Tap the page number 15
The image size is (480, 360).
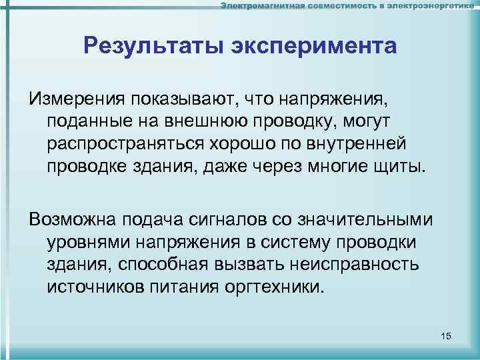tap(447, 337)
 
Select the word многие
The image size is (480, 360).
tap(331, 164)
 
